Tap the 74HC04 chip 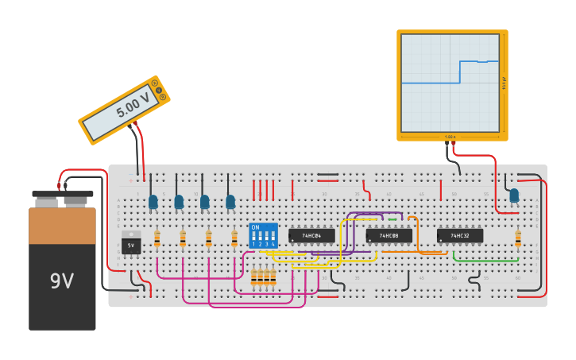311,236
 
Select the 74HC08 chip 389,236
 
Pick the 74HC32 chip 459,236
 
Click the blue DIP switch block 263,235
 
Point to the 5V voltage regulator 131,243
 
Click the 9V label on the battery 62,281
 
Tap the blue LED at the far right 514,195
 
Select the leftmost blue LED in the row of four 153,203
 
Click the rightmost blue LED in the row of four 230,203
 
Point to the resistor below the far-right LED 518,238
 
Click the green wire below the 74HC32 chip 486,261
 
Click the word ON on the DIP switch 255,227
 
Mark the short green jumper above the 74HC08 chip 392,220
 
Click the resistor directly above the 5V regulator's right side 157,238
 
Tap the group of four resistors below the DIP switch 263,277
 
